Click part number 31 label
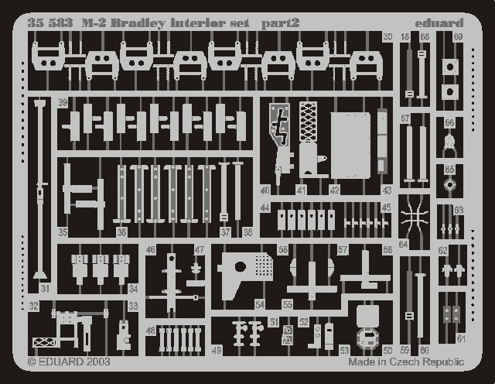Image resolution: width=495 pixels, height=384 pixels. click(45, 289)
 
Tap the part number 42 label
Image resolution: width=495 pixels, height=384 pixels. click(334, 190)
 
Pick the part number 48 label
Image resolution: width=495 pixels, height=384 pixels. click(150, 331)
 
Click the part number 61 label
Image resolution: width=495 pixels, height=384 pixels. click(461, 338)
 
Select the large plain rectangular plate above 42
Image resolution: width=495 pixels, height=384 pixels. click(351, 146)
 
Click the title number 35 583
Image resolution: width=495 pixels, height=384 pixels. click(49, 23)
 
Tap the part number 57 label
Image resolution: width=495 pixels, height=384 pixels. click(342, 249)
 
